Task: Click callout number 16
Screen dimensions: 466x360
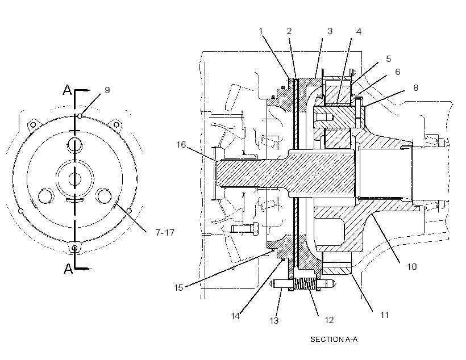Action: [x=181, y=145]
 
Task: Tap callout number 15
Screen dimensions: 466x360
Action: [x=178, y=287]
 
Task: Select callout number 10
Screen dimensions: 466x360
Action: [x=411, y=266]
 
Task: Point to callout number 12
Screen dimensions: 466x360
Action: [x=329, y=320]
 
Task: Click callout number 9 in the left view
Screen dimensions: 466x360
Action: [x=107, y=90]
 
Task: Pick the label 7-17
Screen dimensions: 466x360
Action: [x=165, y=232]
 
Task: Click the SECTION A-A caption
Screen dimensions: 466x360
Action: [x=334, y=339]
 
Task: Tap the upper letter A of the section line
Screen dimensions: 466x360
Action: [x=68, y=89]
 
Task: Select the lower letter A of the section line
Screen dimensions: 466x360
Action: [x=68, y=269]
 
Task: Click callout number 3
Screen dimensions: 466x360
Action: [x=330, y=31]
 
